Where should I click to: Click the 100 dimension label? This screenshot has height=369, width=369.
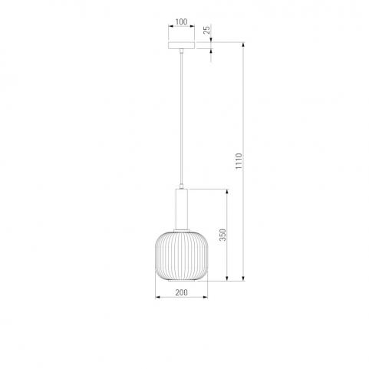[x=181, y=21]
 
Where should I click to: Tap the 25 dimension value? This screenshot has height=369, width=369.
[x=207, y=29]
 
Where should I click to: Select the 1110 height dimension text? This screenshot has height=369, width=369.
[x=239, y=161]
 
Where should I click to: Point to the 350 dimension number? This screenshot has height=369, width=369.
[x=223, y=235]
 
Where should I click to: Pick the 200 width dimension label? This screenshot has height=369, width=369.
[x=181, y=292]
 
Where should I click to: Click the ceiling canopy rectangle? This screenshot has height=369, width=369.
[x=181, y=45]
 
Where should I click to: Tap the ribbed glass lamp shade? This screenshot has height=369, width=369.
[x=182, y=255]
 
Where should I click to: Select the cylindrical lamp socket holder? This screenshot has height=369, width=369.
[x=181, y=209]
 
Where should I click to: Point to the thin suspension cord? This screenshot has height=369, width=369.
[x=181, y=119]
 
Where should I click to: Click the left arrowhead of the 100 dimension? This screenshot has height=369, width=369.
[x=170, y=26]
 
